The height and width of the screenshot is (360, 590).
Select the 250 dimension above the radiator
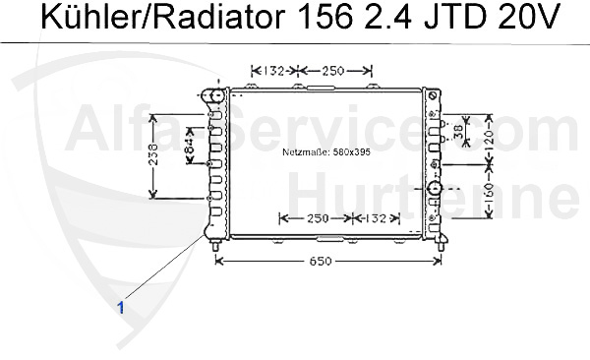coord(334,71)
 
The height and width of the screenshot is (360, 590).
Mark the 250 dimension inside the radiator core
coord(318,218)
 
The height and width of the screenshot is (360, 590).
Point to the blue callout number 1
coord(121,307)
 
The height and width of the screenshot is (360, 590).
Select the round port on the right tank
coord(435,188)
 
